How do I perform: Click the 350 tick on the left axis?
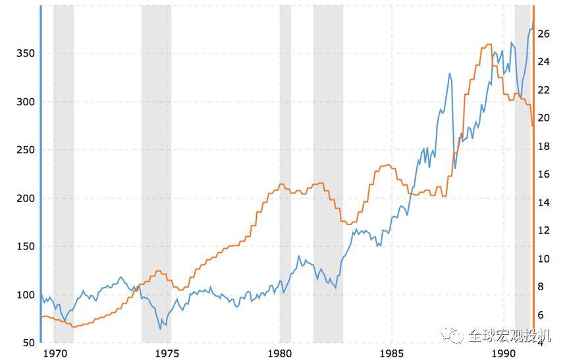tap(25, 53)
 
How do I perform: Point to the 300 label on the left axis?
tap(25, 102)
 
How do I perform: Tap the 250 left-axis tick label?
tap(25, 150)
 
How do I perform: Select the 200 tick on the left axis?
tap(25, 198)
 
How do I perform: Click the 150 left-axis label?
tap(25, 246)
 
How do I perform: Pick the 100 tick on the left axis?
tap(25, 295)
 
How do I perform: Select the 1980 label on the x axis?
tap(280, 353)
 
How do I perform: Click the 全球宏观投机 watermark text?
tap(509, 336)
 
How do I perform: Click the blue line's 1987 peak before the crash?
tap(450, 74)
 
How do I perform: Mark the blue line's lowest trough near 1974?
tap(160, 328)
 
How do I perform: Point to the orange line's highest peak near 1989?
tap(488, 45)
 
